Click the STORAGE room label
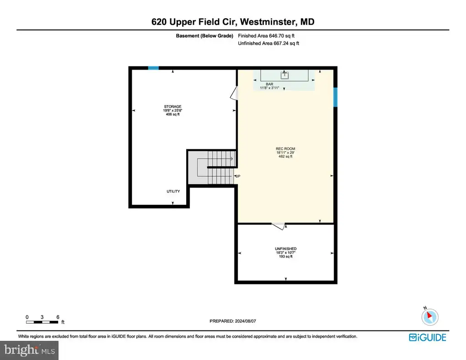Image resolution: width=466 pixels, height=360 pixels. coord(172,106)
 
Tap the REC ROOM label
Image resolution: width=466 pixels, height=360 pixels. coord(285,149)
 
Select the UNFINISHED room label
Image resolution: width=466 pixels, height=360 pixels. coord(286,249)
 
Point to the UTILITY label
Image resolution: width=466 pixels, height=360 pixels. coord(173,192)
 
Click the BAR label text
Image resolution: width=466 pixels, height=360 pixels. coord(269,84)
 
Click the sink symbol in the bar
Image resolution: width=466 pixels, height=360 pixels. coord(284,75)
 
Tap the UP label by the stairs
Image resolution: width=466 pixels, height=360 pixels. coord(238,176)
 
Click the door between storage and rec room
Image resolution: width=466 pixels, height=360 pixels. coord(234,93)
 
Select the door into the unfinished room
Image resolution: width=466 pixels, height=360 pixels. coord(279,226)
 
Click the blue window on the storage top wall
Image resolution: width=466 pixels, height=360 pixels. coord(153,68)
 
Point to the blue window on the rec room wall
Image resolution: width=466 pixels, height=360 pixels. coord(335,97)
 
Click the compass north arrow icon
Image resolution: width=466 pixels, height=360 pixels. coord(430,317)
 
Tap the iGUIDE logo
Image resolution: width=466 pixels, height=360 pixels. coord(427,337)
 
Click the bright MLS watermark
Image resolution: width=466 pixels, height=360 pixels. coord(29,350)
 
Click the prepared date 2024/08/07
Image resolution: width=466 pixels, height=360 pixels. coord(245,321)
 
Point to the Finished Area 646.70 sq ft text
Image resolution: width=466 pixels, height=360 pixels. coord(266,35)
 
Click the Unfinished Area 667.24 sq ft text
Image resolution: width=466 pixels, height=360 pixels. coord(268,43)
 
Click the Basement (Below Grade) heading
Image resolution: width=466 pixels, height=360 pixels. coord(204,35)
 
